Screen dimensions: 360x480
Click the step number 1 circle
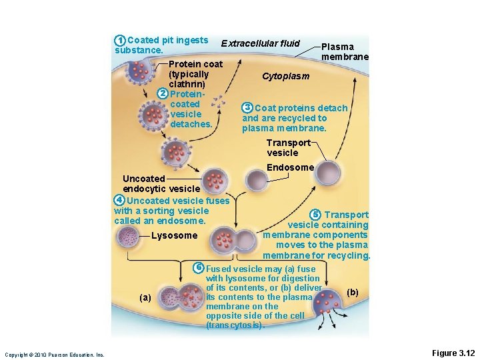click(x=120, y=41)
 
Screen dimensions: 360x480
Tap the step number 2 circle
click(x=163, y=94)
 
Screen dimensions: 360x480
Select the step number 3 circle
click(x=248, y=108)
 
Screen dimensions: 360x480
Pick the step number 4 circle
click(x=119, y=201)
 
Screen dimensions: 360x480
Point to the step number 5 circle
click(x=315, y=214)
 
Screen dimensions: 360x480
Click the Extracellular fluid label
click(x=261, y=43)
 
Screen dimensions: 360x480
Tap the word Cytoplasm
click(x=285, y=76)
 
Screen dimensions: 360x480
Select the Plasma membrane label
click(x=344, y=52)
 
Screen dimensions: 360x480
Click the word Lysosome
click(x=175, y=235)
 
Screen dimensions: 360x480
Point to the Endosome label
click(x=290, y=167)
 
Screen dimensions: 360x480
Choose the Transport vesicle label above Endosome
click(x=287, y=147)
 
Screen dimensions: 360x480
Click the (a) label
click(x=145, y=297)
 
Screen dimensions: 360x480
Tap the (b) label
click(x=353, y=293)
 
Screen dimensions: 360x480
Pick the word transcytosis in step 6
click(x=235, y=325)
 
